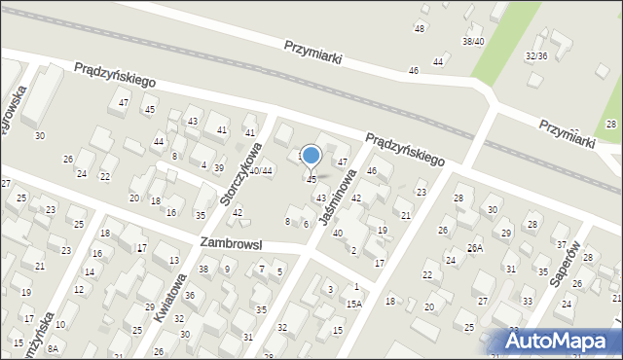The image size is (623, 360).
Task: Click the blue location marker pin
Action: point(311,156)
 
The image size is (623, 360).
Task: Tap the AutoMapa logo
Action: point(562,341)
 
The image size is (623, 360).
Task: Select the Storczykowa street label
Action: point(240,174)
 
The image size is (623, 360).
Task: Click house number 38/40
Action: point(473,42)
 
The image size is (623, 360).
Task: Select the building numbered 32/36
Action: point(536,55)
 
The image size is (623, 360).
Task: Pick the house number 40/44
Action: point(260,171)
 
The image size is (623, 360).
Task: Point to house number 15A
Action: point(353,304)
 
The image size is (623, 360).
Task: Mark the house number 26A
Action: point(474,248)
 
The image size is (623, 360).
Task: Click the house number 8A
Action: point(53,348)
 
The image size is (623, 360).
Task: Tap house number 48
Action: point(420,28)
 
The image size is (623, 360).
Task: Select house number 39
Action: point(219,168)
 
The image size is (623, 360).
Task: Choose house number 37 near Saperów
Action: point(561,242)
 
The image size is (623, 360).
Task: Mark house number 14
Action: point(90,272)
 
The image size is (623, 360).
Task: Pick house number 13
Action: point(173,260)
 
